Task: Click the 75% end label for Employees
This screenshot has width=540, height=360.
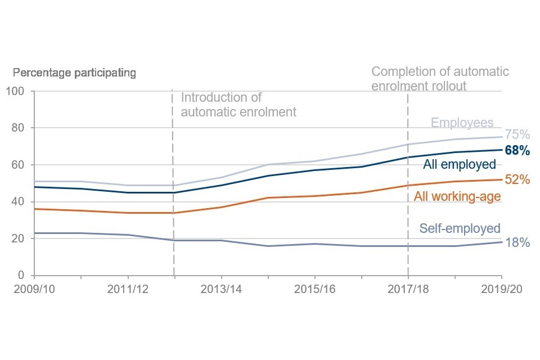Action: pyautogui.click(x=517, y=134)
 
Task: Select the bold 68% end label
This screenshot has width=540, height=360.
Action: pyautogui.click(x=517, y=151)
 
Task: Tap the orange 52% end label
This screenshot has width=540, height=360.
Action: pyautogui.click(x=517, y=180)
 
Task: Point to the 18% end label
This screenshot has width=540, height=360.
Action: pyautogui.click(x=517, y=243)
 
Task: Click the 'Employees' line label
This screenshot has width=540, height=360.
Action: pyautogui.click(x=462, y=123)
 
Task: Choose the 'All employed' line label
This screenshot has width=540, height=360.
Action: pyautogui.click(x=459, y=164)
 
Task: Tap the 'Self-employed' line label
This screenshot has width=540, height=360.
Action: pyautogui.click(x=460, y=228)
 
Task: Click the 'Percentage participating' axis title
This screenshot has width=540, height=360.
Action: pyautogui.click(x=74, y=73)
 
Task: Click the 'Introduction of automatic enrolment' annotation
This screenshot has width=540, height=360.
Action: pyautogui.click(x=238, y=105)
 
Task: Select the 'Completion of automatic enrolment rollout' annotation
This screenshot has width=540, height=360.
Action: pyautogui.click(x=440, y=79)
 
